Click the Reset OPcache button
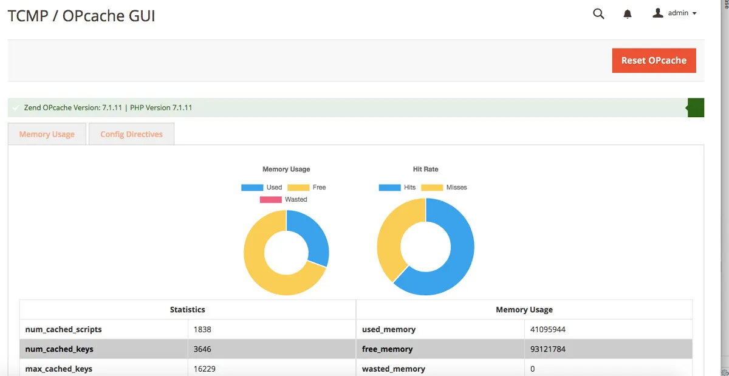tap(654, 61)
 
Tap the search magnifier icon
tap(598, 13)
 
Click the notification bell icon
tap(628, 13)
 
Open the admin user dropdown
tap(674, 13)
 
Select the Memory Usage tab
tap(47, 134)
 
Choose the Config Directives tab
tap(131, 134)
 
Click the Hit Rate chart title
tap(425, 169)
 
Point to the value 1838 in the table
tap(202, 329)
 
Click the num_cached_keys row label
tap(60, 349)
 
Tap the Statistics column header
tap(187, 310)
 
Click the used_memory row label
tap(389, 329)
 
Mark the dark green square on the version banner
tap(696, 108)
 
